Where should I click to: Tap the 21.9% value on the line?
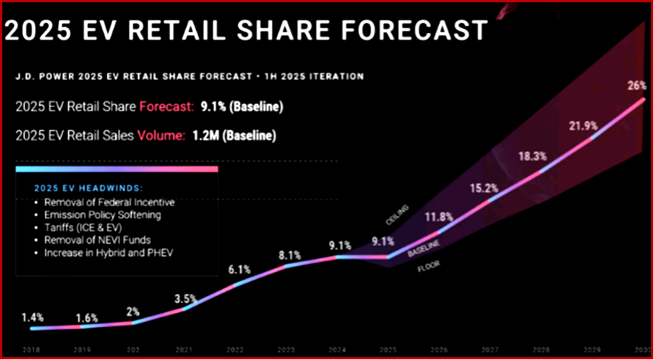[584, 126]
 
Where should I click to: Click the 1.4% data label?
[32, 317]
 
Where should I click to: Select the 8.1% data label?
[290, 255]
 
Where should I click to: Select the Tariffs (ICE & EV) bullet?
[84, 228]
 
